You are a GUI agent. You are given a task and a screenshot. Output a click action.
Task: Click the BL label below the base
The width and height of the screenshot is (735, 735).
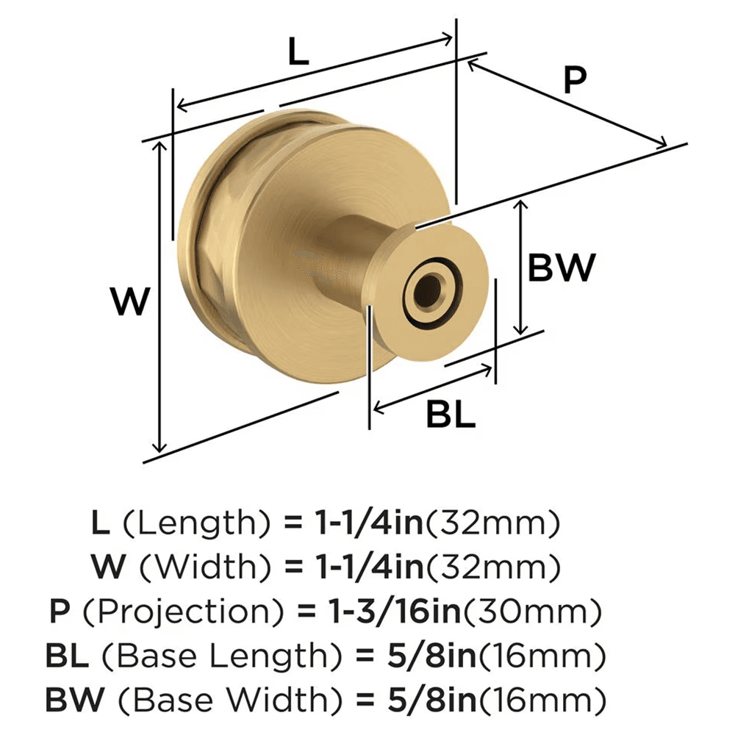coord(451,415)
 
